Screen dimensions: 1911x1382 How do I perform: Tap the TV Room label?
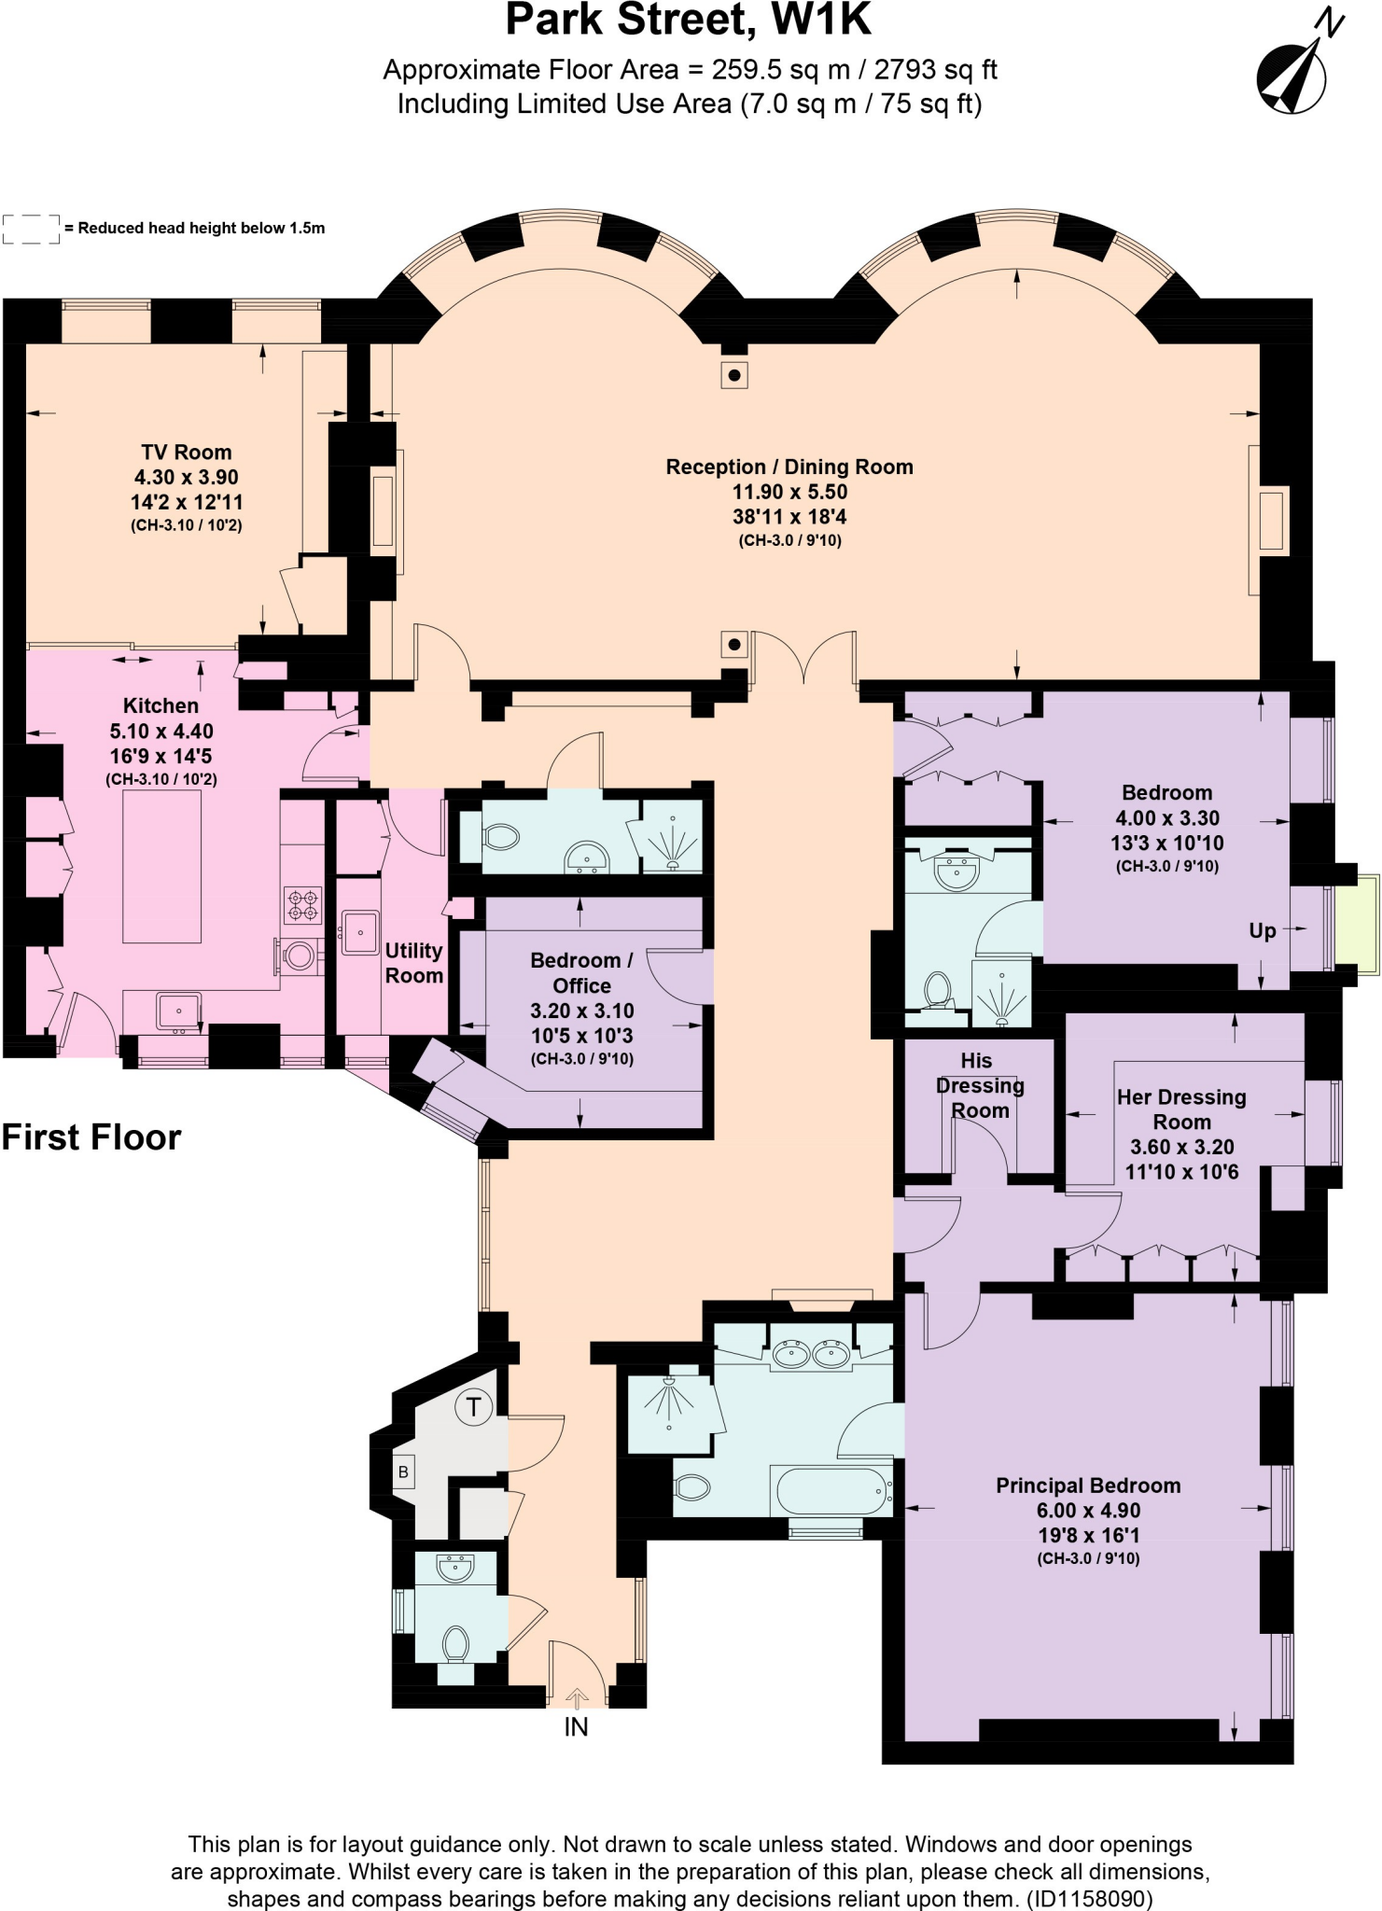pyautogui.click(x=187, y=453)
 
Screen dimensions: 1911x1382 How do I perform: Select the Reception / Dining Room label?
pyautogui.click(x=789, y=467)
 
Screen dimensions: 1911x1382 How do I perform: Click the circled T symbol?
pyautogui.click(x=473, y=1406)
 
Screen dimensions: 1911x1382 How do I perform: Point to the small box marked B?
pyautogui.click(x=403, y=1472)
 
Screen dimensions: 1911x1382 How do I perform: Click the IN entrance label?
pyautogui.click(x=576, y=1727)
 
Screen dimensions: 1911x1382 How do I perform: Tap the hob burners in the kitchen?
pyautogui.click(x=302, y=904)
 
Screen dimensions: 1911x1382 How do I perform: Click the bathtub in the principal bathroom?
pyautogui.click(x=831, y=1490)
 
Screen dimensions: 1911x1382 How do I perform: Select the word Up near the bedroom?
pyautogui.click(x=1262, y=930)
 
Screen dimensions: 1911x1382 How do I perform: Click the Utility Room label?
pyautogui.click(x=413, y=962)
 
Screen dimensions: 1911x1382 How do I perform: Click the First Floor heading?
pyautogui.click(x=91, y=1137)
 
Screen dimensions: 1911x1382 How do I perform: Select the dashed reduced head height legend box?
pyautogui.click(x=31, y=229)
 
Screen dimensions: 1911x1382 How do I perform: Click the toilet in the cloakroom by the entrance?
pyautogui.click(x=455, y=1645)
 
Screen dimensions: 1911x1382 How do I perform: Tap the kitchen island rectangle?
pyautogui.click(x=161, y=869)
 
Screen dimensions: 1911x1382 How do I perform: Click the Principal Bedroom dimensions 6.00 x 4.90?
pyautogui.click(x=1088, y=1510)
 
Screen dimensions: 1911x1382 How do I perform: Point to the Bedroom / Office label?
pyautogui.click(x=581, y=972)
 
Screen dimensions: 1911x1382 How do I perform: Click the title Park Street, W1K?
pyautogui.click(x=689, y=21)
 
